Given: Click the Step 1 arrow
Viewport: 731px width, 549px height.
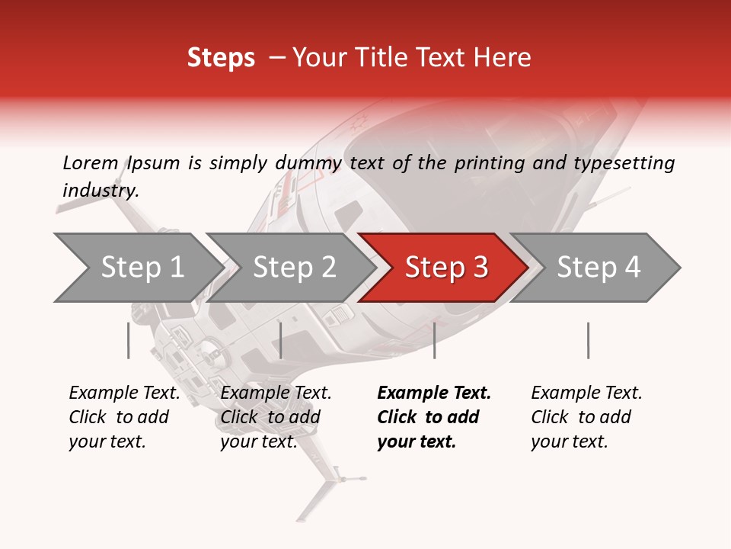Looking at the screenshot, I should tap(142, 268).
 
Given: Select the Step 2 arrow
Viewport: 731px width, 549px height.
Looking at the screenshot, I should tap(294, 268).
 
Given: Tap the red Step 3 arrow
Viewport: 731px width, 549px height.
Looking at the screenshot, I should tap(446, 268).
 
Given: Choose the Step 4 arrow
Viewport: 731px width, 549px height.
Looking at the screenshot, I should tap(599, 268).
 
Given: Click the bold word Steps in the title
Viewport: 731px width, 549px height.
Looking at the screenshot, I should tap(221, 58).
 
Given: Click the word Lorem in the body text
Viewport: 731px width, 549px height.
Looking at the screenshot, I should tap(90, 163).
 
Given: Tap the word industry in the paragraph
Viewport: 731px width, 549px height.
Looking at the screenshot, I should tap(100, 190).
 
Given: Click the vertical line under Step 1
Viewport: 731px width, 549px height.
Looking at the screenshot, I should tap(129, 340).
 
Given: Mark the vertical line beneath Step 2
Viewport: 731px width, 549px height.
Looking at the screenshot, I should tap(281, 340).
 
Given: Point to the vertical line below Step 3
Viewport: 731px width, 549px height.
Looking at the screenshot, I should tap(434, 340).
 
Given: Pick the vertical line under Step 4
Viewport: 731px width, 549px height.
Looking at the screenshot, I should tap(588, 340).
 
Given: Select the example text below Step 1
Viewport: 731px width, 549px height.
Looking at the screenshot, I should tap(124, 417).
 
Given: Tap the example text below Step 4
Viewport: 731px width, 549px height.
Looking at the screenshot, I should tap(586, 417).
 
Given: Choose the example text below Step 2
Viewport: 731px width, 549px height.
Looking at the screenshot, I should tap(276, 417).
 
